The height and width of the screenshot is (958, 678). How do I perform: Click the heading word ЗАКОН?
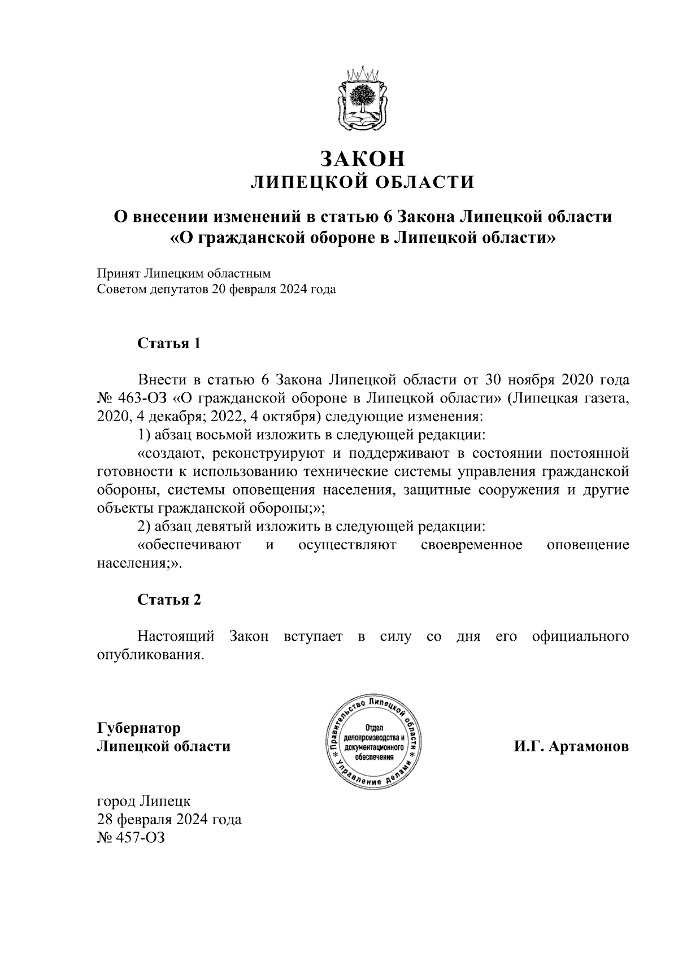coord(362,159)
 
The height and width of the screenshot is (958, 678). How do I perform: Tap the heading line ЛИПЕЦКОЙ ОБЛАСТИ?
coord(362,182)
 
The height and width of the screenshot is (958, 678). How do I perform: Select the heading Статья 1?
coord(169,343)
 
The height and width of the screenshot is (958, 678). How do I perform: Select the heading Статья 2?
coord(169,600)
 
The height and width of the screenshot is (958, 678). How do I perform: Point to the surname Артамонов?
coord(585,746)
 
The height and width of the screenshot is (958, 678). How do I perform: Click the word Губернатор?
coord(139,728)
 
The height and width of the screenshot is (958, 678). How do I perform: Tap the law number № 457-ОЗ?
coord(131,837)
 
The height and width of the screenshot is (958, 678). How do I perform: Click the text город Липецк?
coord(144,800)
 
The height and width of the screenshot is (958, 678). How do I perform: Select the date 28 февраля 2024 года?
coord(169,819)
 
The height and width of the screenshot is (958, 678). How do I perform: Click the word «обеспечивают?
coord(190,545)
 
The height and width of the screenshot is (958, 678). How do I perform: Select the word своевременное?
coord(472,545)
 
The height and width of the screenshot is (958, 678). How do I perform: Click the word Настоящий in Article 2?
coord(176,636)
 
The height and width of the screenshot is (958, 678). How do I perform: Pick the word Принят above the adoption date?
coord(118,273)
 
